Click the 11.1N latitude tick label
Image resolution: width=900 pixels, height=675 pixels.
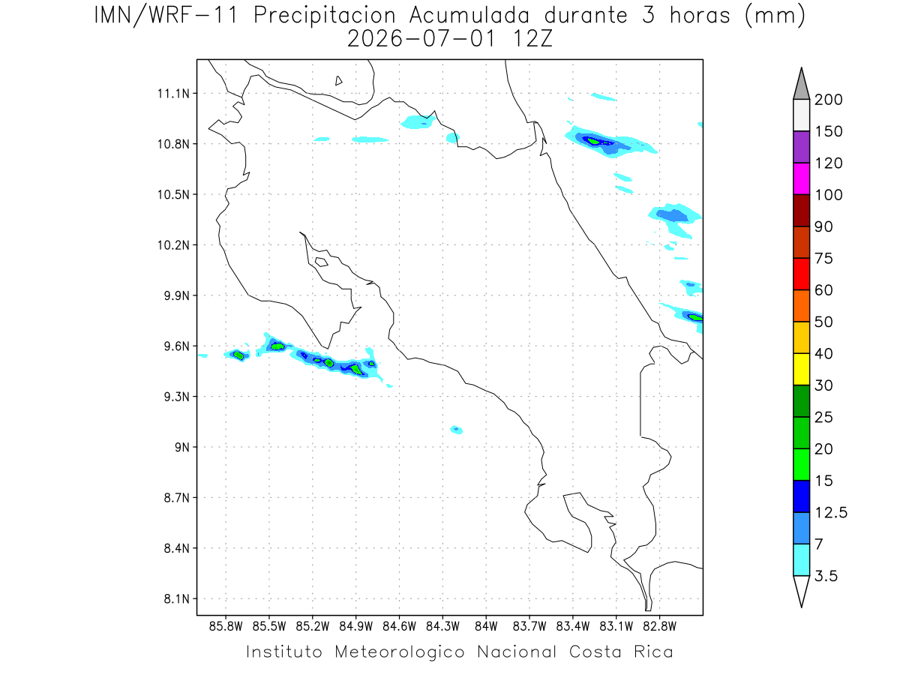tap(173, 94)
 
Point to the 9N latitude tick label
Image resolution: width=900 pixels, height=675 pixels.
tap(182, 447)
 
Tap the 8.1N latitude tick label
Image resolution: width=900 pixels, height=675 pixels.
tap(177, 598)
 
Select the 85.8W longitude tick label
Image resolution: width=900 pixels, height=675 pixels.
tap(226, 627)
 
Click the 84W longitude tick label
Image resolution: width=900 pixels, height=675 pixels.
tap(486, 627)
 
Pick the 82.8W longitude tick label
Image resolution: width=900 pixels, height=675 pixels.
tap(659, 627)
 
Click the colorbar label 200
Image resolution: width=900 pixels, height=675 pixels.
tap(828, 100)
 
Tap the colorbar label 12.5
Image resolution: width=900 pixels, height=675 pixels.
tap(831, 513)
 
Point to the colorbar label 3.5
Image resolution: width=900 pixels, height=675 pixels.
tap(826, 576)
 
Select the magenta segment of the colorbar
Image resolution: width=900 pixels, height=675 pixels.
tap(801, 178)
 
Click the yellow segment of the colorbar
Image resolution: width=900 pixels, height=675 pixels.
tap(801, 369)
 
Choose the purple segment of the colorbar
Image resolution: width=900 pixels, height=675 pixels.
tap(801, 147)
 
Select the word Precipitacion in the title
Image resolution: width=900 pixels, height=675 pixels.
tap(325, 16)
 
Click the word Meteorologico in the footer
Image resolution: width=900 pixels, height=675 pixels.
tap(400, 652)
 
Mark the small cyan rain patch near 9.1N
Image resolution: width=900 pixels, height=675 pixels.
tap(456, 430)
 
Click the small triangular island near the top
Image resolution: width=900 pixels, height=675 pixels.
tap(338, 81)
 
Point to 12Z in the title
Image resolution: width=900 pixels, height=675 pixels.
tap(532, 39)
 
